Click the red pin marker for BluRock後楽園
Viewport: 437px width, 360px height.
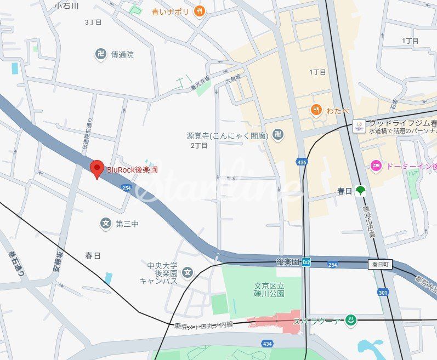97,168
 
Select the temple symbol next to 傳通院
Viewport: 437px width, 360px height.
100,54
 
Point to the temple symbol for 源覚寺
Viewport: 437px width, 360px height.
278,135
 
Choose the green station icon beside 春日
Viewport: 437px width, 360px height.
360,191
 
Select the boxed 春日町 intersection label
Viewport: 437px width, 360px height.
381,264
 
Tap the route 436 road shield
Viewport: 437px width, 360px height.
302,162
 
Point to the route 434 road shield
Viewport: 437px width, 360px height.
267,343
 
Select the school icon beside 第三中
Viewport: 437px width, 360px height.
105,223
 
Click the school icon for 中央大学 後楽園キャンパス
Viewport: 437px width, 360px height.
188,272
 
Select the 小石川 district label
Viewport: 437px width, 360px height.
67,6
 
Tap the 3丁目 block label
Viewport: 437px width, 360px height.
94,22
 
